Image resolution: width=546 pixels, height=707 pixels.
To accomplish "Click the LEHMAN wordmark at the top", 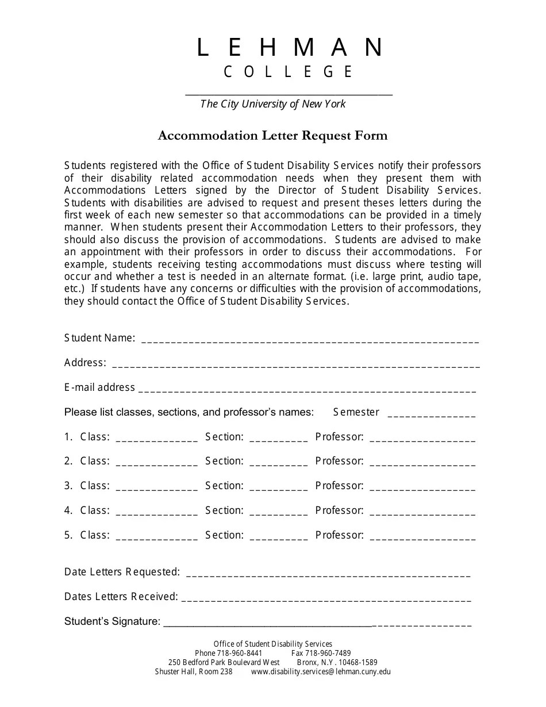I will (289, 48).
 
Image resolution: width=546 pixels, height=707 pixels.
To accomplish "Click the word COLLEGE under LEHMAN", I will (289, 72).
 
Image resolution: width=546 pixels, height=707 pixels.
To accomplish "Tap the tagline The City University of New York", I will (273, 104).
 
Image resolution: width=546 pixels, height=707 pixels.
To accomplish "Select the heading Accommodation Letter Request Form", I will (273, 136).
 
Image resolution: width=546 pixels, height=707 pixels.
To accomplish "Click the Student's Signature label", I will (112, 621).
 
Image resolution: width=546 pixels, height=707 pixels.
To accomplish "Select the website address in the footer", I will (321, 671).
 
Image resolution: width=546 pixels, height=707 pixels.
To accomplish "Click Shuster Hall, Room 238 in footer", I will (194, 671).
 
